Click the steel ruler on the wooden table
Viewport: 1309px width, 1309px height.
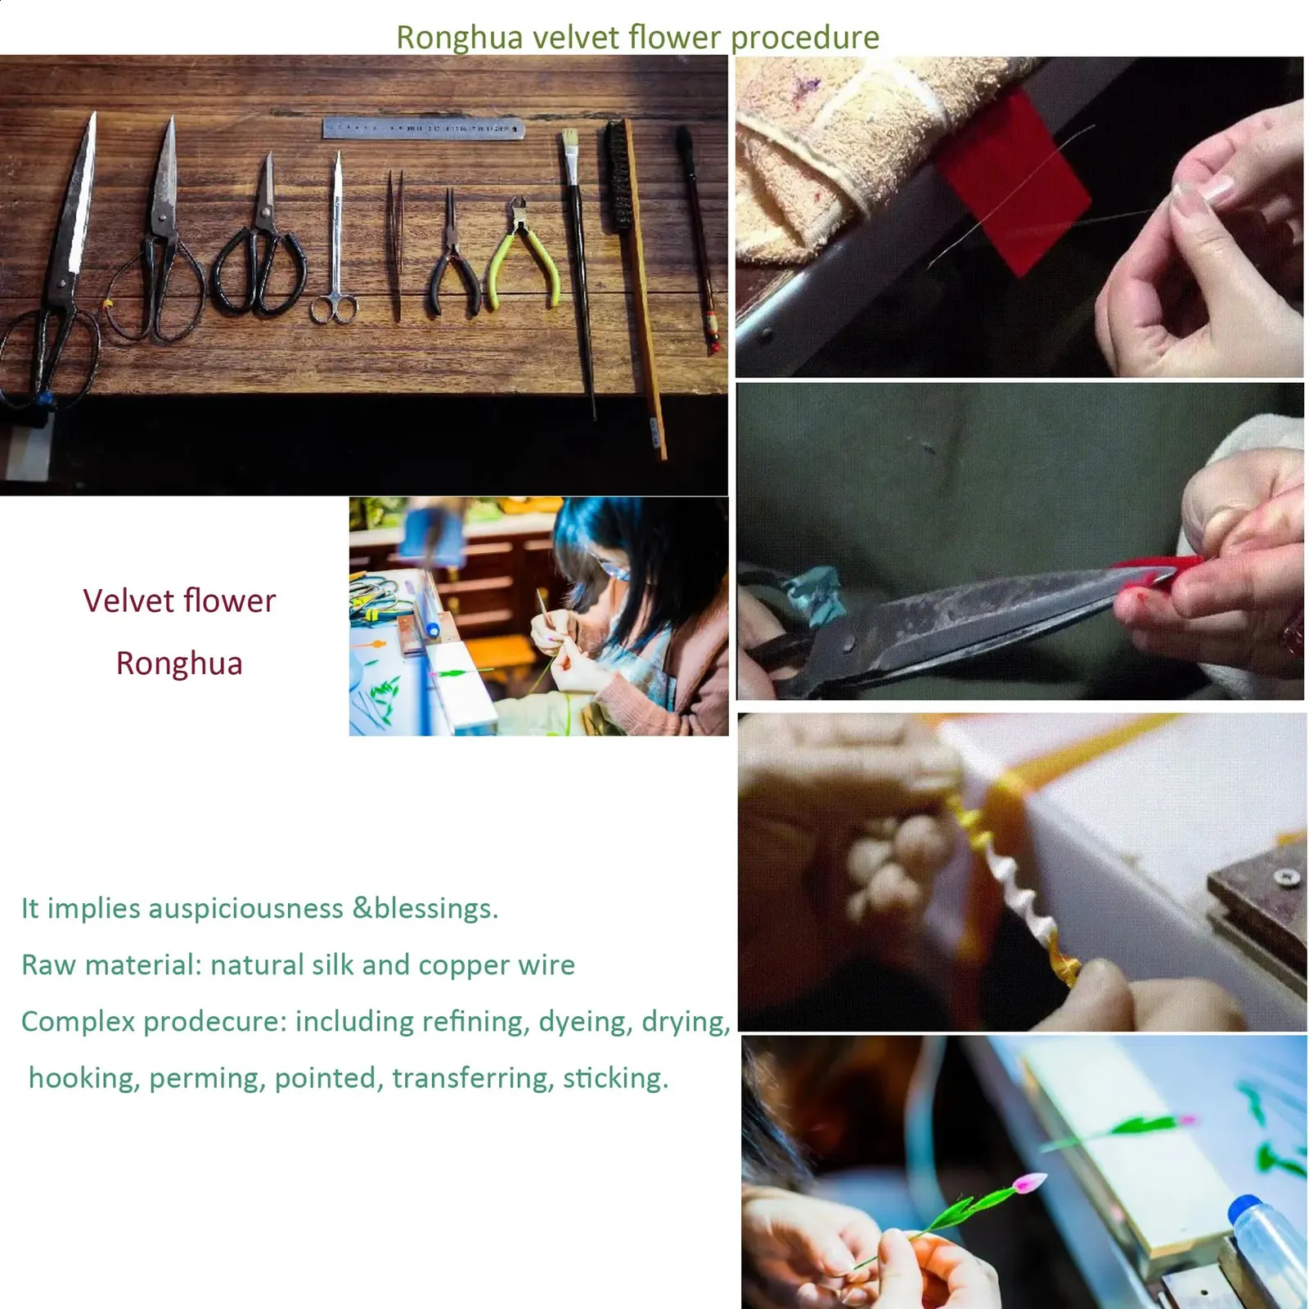point(423,128)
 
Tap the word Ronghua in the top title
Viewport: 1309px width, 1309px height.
point(459,38)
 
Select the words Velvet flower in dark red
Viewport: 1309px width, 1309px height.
point(179,601)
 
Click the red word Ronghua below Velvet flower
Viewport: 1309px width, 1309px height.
point(179,663)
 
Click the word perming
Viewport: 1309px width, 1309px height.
point(208,1079)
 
